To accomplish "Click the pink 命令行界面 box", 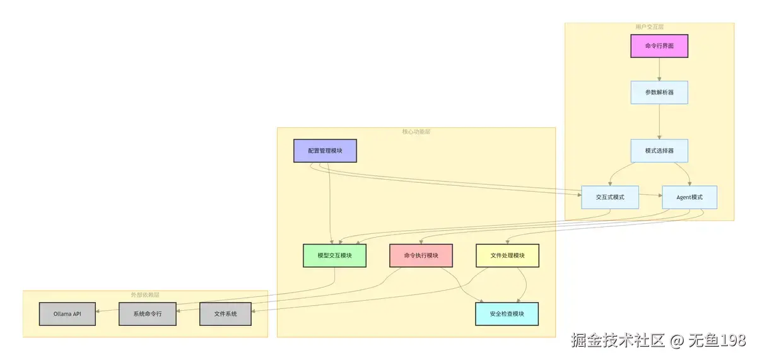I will click(659, 46).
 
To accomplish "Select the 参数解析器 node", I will click(659, 92).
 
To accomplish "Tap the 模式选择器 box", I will click(659, 151).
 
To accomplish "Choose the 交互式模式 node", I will click(610, 197).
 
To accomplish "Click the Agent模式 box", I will click(690, 197).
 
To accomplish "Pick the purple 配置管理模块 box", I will click(325, 151).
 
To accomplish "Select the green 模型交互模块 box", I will click(334, 255).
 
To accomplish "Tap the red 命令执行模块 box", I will click(421, 255).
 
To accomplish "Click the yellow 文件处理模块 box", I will click(507, 255).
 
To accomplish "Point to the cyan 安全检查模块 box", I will click(507, 314).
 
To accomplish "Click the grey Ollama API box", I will click(67, 314).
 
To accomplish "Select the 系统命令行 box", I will click(148, 314).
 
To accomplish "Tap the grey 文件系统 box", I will click(225, 314).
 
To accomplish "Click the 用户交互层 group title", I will click(649, 27).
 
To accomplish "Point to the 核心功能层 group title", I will click(416, 132).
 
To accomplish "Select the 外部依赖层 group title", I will click(145, 294).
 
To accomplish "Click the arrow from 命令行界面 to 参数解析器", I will click(659, 69).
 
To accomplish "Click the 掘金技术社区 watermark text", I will click(618, 341).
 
